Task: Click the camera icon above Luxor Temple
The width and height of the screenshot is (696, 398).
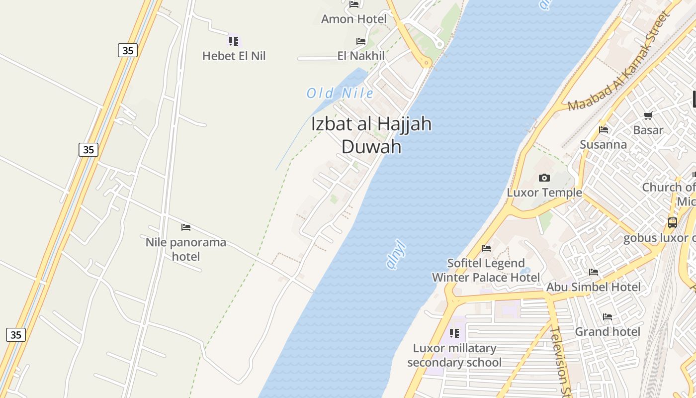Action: [x=544, y=178]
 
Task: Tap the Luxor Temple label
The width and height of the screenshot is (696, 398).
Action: [x=544, y=193]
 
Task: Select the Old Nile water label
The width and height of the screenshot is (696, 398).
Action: [x=340, y=93]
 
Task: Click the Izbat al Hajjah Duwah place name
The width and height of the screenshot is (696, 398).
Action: [x=371, y=135]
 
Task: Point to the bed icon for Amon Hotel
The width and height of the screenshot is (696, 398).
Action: [x=354, y=4]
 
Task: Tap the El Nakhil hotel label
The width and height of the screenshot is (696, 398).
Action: [x=361, y=56]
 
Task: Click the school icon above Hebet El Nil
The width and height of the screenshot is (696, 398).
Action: [x=234, y=41]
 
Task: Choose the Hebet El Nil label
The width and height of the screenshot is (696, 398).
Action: [x=234, y=56]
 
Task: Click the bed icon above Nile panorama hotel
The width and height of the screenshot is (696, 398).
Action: [x=186, y=227]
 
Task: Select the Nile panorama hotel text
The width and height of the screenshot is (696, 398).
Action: [x=186, y=249]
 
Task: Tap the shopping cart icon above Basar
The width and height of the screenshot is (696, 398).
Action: [x=648, y=116]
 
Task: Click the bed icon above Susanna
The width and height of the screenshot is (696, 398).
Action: [x=604, y=130]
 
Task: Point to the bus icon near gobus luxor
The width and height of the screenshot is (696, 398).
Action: [x=672, y=223]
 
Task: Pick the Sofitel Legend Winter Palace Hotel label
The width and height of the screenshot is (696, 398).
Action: [x=486, y=270]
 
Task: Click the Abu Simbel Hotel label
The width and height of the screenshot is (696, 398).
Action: [x=594, y=287]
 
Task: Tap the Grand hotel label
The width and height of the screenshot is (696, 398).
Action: [x=608, y=331]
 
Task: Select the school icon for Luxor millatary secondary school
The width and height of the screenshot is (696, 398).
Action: [x=454, y=333]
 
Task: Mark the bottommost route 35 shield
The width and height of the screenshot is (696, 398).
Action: [x=16, y=335]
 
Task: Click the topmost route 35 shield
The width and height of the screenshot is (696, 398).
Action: [x=128, y=50]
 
